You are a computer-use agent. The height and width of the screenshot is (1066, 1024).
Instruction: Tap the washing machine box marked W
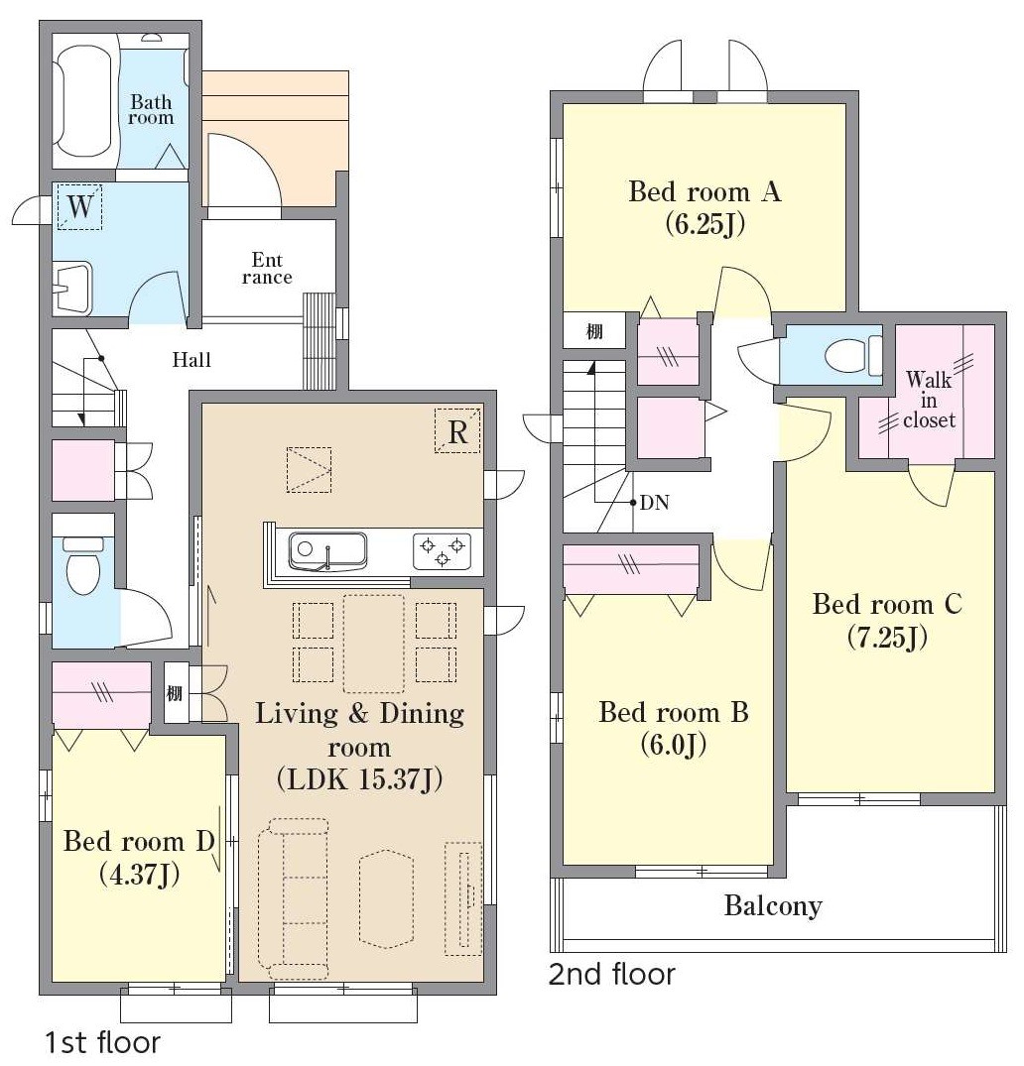79,206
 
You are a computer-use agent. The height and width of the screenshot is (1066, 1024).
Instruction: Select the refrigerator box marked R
457,431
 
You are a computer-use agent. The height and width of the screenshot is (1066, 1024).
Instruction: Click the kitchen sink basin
327,550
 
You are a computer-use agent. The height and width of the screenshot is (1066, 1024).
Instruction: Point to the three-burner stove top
442,550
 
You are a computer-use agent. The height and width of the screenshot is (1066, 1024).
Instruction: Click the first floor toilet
82,563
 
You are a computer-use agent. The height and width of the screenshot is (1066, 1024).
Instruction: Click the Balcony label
773,905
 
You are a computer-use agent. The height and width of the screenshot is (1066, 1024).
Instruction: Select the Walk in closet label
929,400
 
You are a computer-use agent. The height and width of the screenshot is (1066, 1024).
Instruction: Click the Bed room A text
704,191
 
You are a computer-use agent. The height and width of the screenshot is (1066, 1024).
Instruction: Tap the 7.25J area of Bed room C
887,638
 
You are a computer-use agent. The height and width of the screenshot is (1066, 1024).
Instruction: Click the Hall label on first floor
192,360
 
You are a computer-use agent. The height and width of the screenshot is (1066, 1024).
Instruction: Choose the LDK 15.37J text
360,779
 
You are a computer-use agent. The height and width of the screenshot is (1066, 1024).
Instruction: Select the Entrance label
267,269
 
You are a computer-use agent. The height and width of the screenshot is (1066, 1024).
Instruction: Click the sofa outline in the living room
294,897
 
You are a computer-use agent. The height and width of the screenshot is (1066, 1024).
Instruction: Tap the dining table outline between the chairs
373,644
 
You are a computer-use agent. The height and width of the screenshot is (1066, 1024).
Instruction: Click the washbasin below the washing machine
72,289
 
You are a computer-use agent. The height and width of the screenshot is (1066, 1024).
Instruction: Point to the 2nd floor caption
611,975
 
